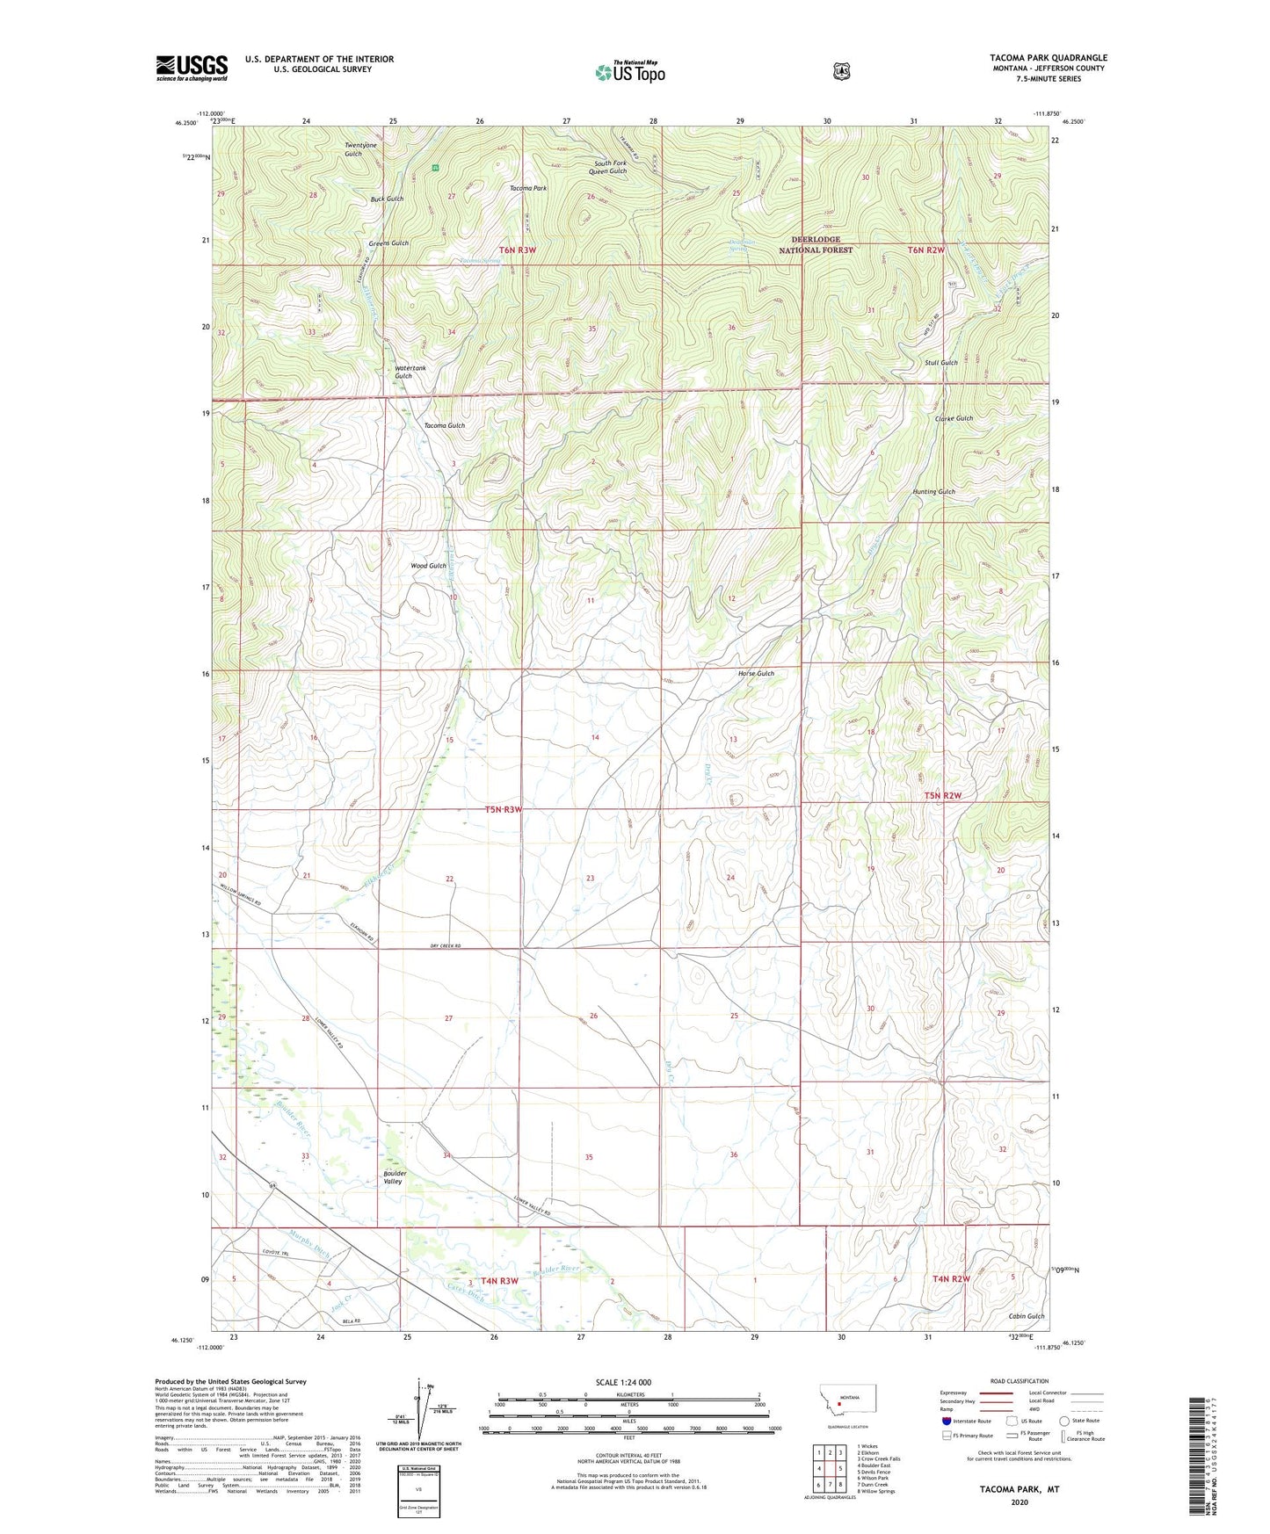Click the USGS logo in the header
click(x=192, y=68)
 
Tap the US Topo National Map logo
click(x=629, y=71)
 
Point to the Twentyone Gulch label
click(x=360, y=149)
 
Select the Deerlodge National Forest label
click(x=816, y=244)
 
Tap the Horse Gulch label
click(x=756, y=674)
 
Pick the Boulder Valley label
click(x=393, y=1177)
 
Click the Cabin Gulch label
click(x=1027, y=1316)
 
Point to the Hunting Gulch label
click(x=933, y=492)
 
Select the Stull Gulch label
click(x=941, y=363)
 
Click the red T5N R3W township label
click(x=504, y=809)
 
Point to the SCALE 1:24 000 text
click(x=623, y=1382)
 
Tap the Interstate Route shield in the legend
click(x=946, y=1421)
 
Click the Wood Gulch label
click(x=428, y=566)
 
